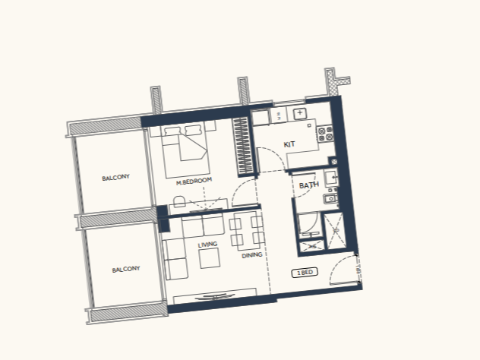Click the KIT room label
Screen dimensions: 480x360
coord(289,144)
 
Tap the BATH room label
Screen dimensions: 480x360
coord(309,185)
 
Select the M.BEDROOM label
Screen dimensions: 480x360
coord(194,181)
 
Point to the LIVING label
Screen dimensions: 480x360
coord(207,245)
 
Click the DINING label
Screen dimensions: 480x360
coord(252,255)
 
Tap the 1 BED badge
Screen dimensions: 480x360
coord(305,273)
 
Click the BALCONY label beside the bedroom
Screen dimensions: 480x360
coord(115,178)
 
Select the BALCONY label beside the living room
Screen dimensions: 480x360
coord(126,270)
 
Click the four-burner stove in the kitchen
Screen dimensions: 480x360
coord(325,134)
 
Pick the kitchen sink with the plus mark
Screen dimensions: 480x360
coord(300,113)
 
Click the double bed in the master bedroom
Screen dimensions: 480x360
coord(186,151)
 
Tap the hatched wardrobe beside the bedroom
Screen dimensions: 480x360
coord(244,147)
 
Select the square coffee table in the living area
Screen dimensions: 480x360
coord(210,258)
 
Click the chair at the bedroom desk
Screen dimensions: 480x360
coord(179,202)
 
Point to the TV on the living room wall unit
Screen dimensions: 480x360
coord(215,296)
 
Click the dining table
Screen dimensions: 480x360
coord(248,229)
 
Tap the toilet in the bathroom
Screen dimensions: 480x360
coord(330,198)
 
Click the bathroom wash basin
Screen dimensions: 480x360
coord(331,178)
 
